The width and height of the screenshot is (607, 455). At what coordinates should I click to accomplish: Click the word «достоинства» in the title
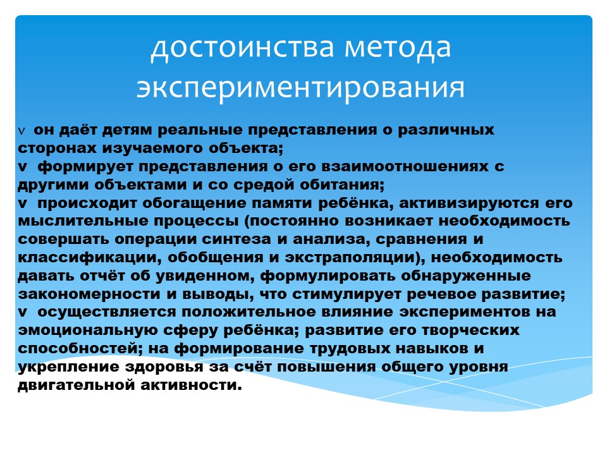(x=242, y=47)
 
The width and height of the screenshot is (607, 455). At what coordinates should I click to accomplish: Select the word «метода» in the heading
(x=398, y=47)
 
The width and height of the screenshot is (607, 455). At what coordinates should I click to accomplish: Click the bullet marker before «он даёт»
(x=21, y=131)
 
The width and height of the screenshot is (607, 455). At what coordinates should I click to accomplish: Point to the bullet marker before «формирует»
(x=23, y=167)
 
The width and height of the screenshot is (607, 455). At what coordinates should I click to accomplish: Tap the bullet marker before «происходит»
(x=23, y=203)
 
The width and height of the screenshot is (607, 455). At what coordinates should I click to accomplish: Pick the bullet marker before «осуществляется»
(x=23, y=312)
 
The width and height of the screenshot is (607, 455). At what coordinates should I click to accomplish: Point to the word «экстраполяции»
(x=350, y=258)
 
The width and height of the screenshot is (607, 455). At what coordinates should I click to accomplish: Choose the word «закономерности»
(x=89, y=294)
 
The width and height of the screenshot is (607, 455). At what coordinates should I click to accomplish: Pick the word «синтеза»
(x=236, y=240)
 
